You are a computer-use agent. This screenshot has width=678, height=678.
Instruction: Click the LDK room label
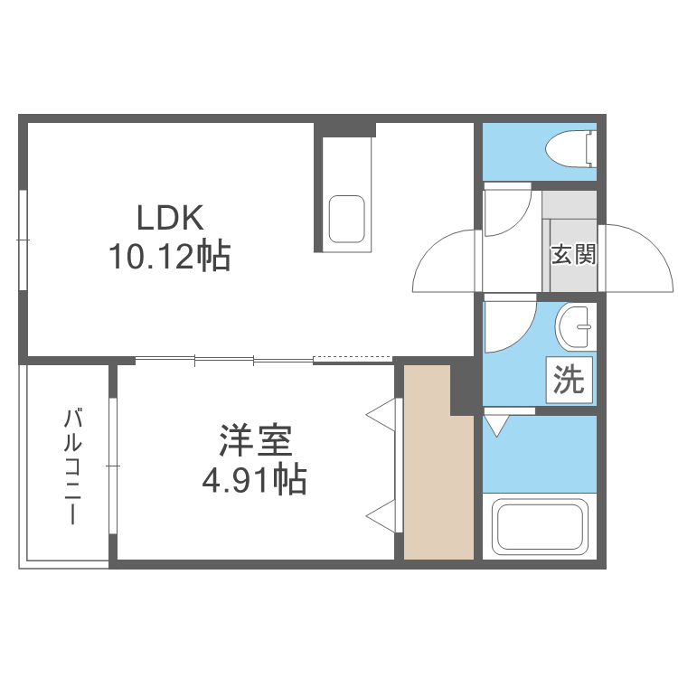pyautogui.click(x=170, y=218)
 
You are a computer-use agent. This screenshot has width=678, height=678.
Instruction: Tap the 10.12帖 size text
pyautogui.click(x=170, y=257)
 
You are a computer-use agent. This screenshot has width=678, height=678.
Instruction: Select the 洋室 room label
pyautogui.click(x=256, y=440)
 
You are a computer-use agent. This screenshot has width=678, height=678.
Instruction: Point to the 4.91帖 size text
pyautogui.click(x=255, y=479)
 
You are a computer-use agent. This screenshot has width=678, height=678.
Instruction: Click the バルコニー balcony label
pyautogui.click(x=72, y=466)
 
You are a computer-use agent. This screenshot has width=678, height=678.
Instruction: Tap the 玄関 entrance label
pyautogui.click(x=573, y=254)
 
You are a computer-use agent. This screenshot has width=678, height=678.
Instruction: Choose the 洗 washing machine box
pyautogui.click(x=569, y=380)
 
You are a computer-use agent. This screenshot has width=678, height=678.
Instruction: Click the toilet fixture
pyautogui.click(x=570, y=149)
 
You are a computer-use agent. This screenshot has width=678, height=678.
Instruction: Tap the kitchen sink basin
pyautogui.click(x=347, y=220)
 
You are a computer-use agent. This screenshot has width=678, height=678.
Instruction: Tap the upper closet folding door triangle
pyautogui.click(x=381, y=415)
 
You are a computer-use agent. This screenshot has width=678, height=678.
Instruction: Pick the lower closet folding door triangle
pyautogui.click(x=381, y=516)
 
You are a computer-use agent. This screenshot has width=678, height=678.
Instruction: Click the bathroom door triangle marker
pyautogui.click(x=497, y=426)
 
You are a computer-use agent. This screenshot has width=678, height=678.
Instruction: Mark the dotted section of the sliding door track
pyautogui.click(x=353, y=358)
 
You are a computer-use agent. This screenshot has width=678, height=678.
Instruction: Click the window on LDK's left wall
pyautogui.click(x=24, y=240)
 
